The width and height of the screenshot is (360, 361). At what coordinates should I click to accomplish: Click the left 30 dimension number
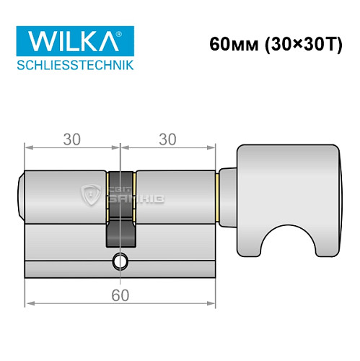pyautogui.click(x=71, y=140)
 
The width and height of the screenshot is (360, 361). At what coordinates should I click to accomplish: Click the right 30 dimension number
pyautogui.click(x=167, y=140)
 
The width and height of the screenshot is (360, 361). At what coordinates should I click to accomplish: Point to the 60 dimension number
pyautogui.click(x=120, y=294)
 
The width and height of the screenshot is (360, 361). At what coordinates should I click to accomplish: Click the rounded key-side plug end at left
pyautogui.click(x=21, y=196)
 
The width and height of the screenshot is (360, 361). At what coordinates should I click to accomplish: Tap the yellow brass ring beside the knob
pyautogui.click(x=218, y=196)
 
